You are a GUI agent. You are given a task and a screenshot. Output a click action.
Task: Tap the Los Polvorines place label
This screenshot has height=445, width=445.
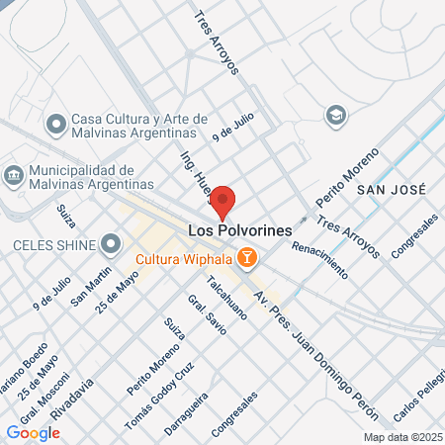click(239, 230)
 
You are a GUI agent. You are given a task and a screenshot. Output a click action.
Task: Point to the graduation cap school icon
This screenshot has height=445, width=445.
click(336, 115)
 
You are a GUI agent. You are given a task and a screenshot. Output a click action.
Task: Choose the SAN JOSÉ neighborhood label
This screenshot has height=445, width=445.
click(391, 189)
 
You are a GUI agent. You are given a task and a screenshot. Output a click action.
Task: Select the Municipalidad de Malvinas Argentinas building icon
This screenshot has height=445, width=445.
click(15, 177)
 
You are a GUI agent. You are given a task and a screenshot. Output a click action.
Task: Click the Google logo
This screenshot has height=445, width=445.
click(33, 432)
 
